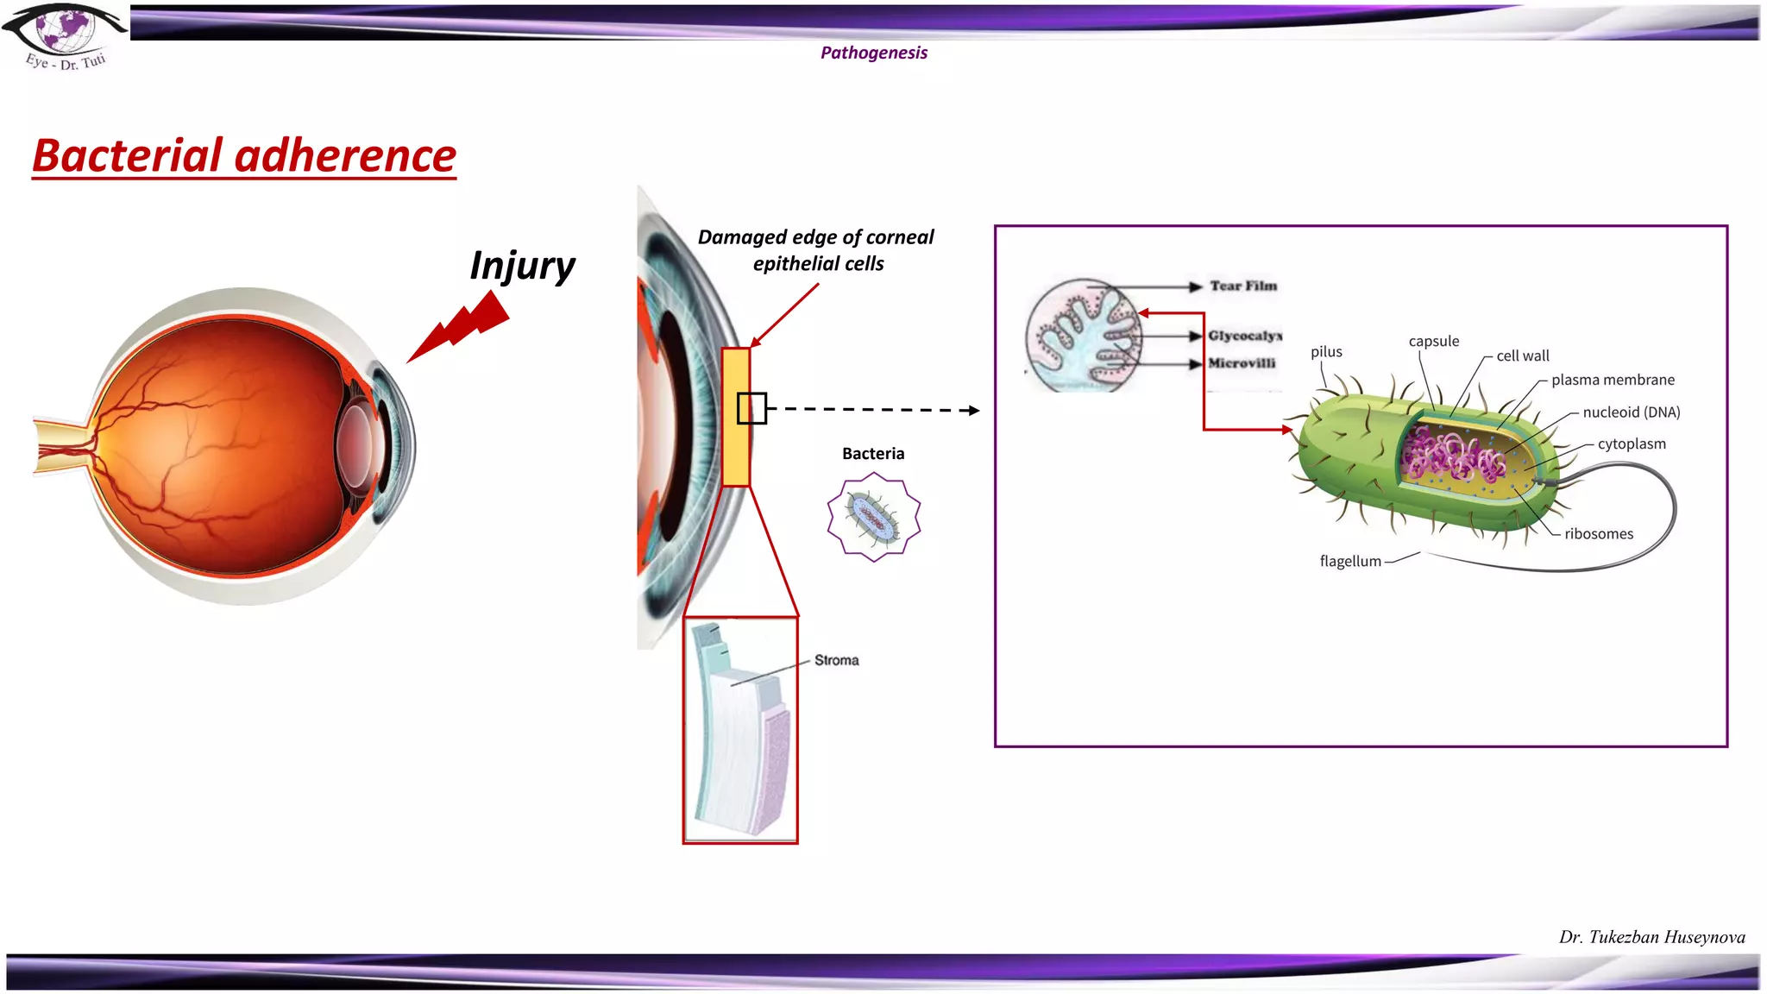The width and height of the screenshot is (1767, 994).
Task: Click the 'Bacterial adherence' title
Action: coord(244,156)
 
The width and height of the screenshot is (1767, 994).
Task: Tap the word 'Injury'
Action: coord(522,266)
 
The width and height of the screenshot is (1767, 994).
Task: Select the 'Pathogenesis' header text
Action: coord(873,53)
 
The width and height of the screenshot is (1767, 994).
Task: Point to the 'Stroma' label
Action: coord(836,660)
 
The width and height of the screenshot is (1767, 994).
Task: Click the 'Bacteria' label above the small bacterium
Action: coord(873,454)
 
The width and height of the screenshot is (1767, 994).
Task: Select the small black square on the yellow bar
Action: coord(751,408)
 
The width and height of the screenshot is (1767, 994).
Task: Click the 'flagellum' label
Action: coord(1349,562)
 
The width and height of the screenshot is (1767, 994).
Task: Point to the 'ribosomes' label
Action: coord(1598,534)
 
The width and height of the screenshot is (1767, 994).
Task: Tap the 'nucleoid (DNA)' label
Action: coord(1631,412)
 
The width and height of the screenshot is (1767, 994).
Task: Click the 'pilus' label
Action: coord(1326,352)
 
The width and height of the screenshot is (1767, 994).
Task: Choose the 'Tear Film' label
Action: coord(1242,286)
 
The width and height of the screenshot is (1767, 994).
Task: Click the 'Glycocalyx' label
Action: coord(1244,336)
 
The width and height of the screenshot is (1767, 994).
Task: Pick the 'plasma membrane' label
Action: coord(1612,380)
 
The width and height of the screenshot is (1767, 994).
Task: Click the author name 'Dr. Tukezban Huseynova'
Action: coord(1651,937)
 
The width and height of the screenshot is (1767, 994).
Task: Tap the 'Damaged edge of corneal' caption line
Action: coord(815,237)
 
